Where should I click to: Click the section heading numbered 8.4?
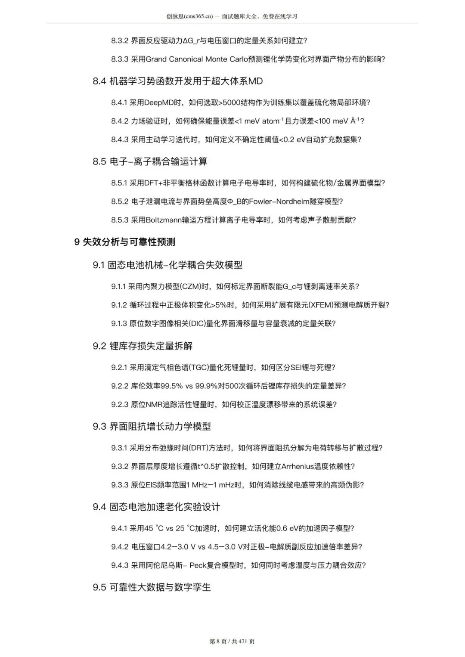pyautogui.click(x=177, y=81)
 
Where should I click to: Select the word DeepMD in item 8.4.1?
pyautogui.click(x=159, y=102)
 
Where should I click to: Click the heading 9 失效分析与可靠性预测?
pyautogui.click(x=124, y=242)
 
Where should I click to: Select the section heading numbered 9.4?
pyautogui.click(x=156, y=507)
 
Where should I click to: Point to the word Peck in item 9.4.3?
pyautogui.click(x=198, y=565)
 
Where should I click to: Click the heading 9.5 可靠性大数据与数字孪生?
pyautogui.click(x=152, y=587)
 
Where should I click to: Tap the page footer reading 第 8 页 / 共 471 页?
pyautogui.click(x=232, y=642)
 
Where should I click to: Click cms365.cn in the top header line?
pyautogui.click(x=198, y=16)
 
